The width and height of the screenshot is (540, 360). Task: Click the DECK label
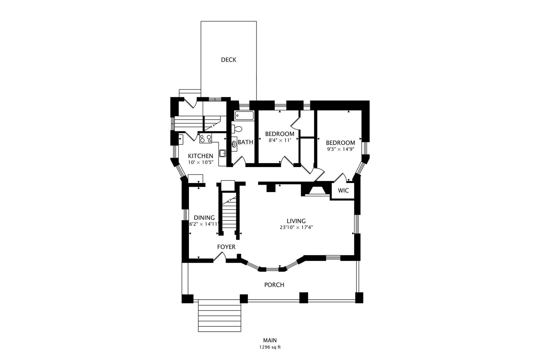click(229, 60)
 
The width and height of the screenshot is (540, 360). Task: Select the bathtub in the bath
click(244, 115)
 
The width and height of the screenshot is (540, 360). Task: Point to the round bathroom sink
click(234, 144)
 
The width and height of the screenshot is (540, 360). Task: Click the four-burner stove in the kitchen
click(206, 138)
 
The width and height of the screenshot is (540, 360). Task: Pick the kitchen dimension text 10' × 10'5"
click(201, 163)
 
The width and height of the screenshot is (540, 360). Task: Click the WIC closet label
click(343, 190)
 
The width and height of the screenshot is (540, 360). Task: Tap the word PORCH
click(274, 285)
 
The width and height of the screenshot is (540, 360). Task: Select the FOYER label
click(226, 247)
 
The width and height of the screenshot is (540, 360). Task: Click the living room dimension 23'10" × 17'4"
click(296, 227)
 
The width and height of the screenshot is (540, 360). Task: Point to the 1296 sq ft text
click(270, 347)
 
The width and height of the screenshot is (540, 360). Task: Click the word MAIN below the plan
click(270, 340)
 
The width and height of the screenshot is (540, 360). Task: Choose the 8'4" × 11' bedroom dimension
click(280, 140)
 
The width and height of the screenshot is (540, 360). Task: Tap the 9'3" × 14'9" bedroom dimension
click(340, 149)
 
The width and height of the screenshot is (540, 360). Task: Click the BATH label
click(245, 142)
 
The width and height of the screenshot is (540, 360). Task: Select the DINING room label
click(204, 218)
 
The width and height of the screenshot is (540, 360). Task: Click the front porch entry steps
click(219, 316)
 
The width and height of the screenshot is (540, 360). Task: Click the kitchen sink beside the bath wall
click(222, 153)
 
